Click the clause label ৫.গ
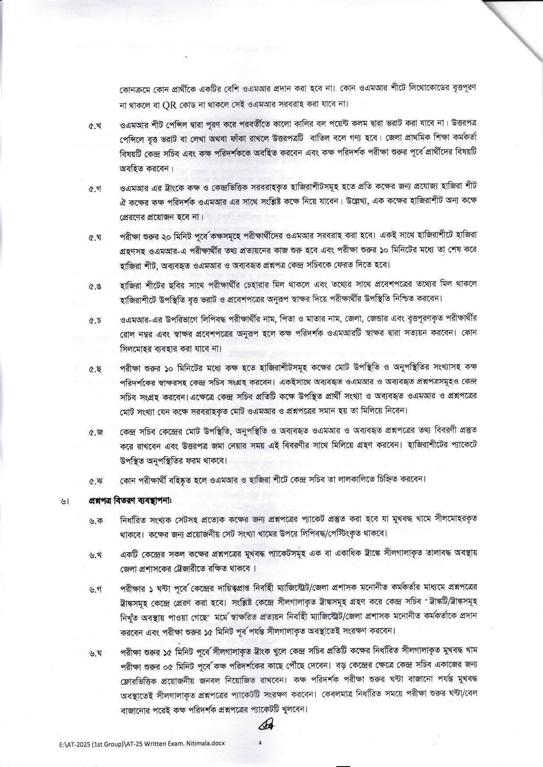click(x=95, y=189)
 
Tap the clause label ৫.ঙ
click(x=95, y=287)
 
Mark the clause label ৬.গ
click(x=95, y=589)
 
